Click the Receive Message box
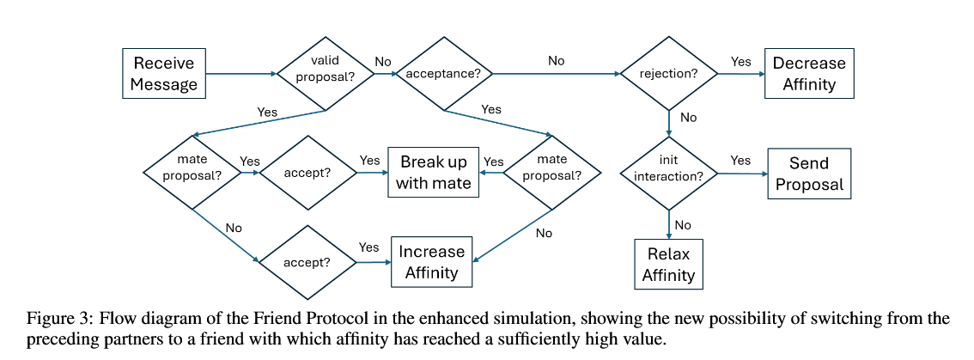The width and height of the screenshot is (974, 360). coord(164,73)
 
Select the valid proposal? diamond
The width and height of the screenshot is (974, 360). coord(326,74)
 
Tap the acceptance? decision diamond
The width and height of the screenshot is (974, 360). coord(443,74)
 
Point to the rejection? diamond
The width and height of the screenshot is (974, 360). coord(669,73)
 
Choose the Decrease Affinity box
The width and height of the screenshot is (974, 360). coord(809,73)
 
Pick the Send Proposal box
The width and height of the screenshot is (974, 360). coord(809,174)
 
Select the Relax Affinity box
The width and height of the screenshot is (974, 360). coord(668,265)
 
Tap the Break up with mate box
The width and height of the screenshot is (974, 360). coord(434,172)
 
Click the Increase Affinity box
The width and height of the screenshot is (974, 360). coord(432,262)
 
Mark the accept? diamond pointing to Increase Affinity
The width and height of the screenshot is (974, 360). coord(307,262)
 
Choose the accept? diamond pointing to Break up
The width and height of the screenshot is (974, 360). coord(307,172)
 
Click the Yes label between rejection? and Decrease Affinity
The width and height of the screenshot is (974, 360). coord(740,62)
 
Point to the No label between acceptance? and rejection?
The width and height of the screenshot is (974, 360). coord(556,61)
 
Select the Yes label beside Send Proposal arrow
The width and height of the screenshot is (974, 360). coord(740,161)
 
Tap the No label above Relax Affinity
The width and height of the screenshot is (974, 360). coord(683,225)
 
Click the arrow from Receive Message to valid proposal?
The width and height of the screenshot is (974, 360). coord(241,74)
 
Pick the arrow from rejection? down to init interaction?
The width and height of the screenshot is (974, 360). coord(669,124)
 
